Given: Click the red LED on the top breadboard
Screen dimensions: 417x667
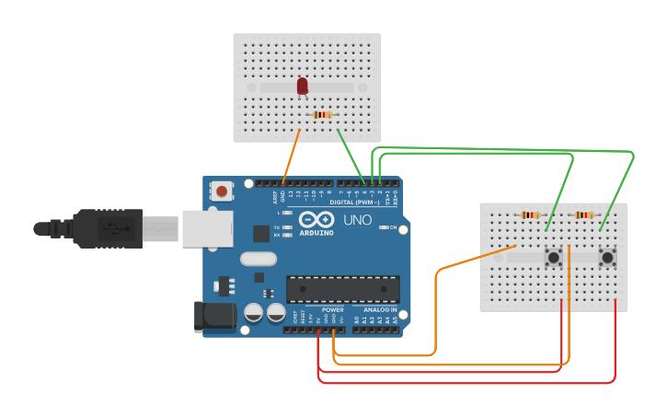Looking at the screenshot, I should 303,86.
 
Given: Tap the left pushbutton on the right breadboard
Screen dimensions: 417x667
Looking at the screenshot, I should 555,258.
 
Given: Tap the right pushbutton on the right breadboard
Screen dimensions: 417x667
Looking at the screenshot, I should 607,258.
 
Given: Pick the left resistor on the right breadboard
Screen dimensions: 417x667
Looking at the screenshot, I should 531,215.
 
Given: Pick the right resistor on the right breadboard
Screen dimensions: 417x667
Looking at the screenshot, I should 584,215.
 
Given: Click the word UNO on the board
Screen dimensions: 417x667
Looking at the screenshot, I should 357,221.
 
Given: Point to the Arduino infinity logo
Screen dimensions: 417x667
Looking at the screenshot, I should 316,221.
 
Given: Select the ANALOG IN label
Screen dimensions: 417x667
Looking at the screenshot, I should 381,310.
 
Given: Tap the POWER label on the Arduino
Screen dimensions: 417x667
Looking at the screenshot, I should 332,310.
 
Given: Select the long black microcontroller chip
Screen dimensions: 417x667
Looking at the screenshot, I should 342,289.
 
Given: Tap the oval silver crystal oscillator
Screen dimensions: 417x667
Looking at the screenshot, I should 259,260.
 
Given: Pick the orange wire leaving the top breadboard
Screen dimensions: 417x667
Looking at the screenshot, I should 291,156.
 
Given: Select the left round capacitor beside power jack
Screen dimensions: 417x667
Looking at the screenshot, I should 253,313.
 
